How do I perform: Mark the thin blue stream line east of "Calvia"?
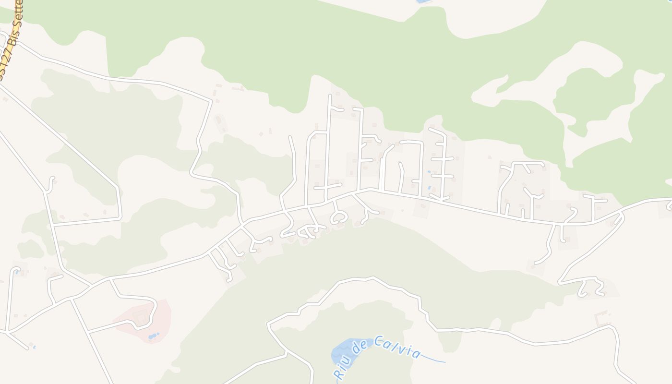434,360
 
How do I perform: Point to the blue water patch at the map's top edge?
423,1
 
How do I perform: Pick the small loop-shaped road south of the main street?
339,218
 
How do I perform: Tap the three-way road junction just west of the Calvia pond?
287,352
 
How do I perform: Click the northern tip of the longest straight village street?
329,96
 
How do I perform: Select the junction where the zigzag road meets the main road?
621,213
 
